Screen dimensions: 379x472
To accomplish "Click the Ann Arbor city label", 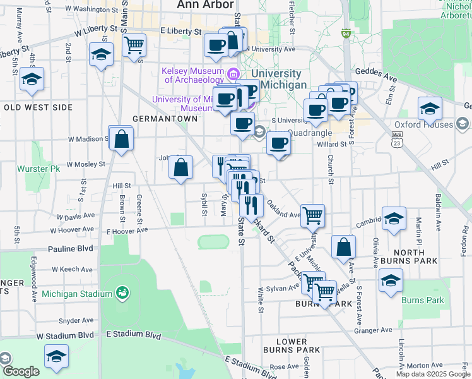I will pyautogui.click(x=198, y=5).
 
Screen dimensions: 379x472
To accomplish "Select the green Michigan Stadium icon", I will pyautogui.click(x=122, y=292).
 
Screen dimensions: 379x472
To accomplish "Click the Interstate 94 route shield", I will pyautogui.click(x=346, y=32).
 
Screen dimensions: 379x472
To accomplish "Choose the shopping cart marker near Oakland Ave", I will pyautogui.click(x=312, y=215).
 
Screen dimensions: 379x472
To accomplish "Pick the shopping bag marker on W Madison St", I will pyautogui.click(x=121, y=139).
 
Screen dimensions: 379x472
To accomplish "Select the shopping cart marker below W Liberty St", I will pyautogui.click(x=134, y=46).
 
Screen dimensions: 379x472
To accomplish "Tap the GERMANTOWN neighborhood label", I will pyautogui.click(x=157, y=119).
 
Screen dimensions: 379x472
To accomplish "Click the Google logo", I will pyautogui.click(x=20, y=371).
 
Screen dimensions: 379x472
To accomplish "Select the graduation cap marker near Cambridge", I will pyautogui.click(x=394, y=219).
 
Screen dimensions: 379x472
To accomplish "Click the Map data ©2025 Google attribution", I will pyautogui.click(x=432, y=374).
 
